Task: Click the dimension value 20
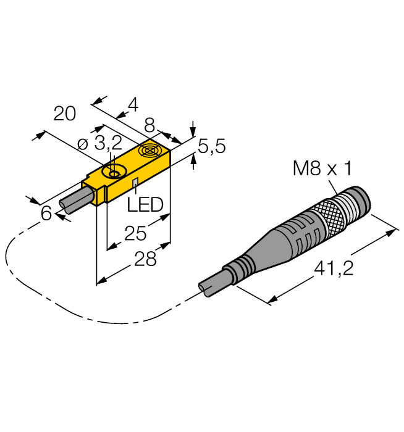65,114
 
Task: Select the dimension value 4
132,106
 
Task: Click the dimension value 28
145,259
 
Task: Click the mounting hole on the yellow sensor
114,174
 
